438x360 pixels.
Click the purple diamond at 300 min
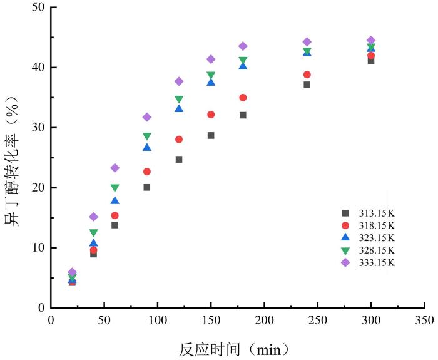coord(370,40)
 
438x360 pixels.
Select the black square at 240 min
coord(307,85)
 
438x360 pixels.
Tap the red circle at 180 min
coord(243,98)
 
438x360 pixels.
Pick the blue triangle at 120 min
coord(179,109)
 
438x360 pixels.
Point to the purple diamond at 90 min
coord(147,117)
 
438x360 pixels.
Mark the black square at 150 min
coord(211,135)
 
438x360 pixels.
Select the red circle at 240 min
coord(307,75)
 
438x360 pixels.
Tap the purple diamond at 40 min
coord(93,217)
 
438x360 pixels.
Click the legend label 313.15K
coord(377,213)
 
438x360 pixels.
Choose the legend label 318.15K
coord(377,225)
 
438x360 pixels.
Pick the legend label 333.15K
coord(377,263)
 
